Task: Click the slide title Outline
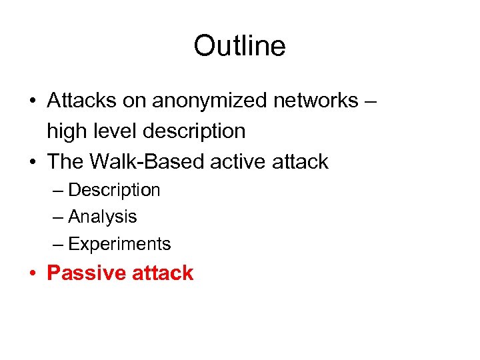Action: [x=239, y=46]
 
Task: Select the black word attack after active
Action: [x=304, y=161]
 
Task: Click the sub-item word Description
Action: [x=114, y=190]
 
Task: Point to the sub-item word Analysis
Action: [x=103, y=217]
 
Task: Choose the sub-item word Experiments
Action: [x=119, y=244]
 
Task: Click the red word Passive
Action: [x=88, y=273]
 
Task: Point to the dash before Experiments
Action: [x=58, y=245]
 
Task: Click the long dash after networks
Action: [x=371, y=101]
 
